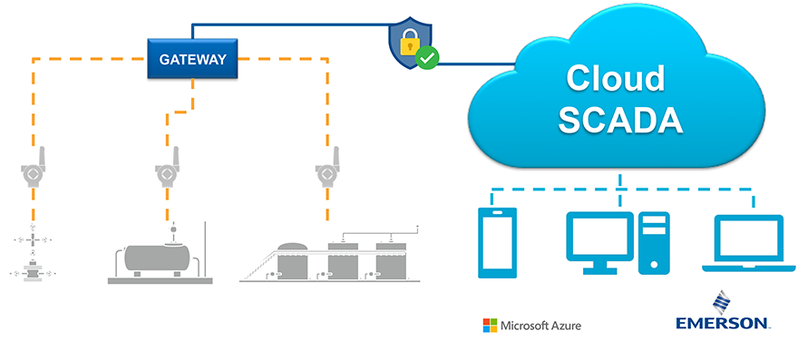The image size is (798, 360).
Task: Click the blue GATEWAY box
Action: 193,61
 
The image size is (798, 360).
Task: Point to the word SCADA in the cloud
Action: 615,120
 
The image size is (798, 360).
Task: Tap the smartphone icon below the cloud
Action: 497,242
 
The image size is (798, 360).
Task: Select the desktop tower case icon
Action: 653,242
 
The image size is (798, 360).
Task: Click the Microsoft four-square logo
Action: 490,325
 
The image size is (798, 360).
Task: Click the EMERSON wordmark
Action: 724,323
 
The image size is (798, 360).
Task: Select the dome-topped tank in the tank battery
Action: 293,260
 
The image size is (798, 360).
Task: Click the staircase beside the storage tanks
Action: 258,265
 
